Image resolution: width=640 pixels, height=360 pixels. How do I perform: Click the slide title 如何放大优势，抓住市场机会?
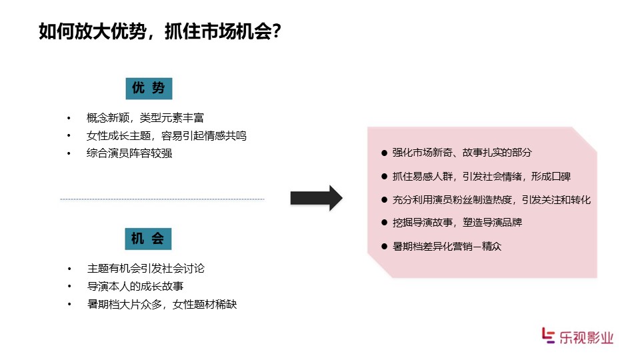click(x=160, y=31)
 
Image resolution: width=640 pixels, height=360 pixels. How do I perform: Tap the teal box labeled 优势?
click(x=149, y=88)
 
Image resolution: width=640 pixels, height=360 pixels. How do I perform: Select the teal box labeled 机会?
click(x=148, y=239)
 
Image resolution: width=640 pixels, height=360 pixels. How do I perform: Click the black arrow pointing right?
click(x=316, y=199)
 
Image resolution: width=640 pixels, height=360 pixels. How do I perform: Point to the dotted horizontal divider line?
click(x=163, y=199)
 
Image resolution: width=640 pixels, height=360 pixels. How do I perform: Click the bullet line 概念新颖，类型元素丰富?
click(x=145, y=118)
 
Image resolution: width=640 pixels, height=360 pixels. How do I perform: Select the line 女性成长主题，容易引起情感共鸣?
click(x=167, y=135)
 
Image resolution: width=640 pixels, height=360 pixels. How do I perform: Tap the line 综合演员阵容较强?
click(x=129, y=153)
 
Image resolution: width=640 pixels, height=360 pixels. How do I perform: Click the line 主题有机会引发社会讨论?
click(x=146, y=268)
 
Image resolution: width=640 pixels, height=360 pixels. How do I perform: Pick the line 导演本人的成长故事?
click(x=135, y=286)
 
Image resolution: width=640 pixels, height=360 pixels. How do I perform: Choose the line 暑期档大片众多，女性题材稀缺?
click(x=162, y=304)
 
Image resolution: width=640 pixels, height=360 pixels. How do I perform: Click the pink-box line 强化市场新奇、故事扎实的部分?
click(x=462, y=153)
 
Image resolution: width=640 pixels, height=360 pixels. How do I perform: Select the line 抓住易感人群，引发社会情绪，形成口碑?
click(x=481, y=176)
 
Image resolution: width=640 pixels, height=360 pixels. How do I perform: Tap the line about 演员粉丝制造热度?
click(x=491, y=199)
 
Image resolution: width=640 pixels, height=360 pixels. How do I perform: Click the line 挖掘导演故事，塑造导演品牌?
click(x=457, y=223)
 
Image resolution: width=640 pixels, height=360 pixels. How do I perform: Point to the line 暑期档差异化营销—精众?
click(x=447, y=246)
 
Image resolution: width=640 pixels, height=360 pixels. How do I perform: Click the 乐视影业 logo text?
click(x=586, y=337)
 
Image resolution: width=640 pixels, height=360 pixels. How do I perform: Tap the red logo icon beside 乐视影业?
click(x=548, y=335)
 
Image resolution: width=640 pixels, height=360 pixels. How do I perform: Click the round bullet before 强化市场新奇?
click(x=384, y=153)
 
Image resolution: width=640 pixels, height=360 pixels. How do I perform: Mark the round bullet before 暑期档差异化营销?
click(x=384, y=247)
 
